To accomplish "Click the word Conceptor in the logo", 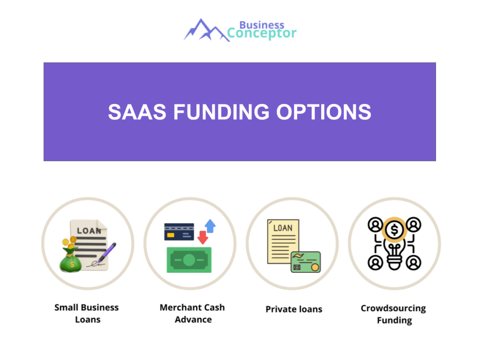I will [262, 33].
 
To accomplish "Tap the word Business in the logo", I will [262, 24].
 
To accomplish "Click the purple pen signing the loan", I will [107, 252].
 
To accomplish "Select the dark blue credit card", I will [179, 232].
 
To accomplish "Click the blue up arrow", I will [210, 226].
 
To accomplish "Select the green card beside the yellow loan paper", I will [306, 262].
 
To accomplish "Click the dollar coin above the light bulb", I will [394, 230].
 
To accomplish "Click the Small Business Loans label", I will [87, 314].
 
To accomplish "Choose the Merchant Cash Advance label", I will [192, 314].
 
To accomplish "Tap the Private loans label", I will [294, 309].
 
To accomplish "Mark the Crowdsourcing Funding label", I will [394, 315].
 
